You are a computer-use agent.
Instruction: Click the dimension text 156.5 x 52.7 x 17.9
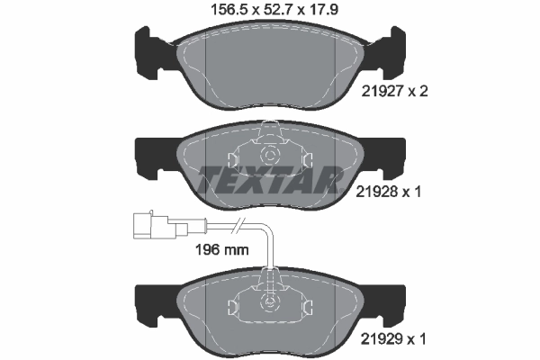pyautogui.click(x=269, y=12)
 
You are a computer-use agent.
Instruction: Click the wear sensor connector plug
pyautogui.click(x=148, y=222)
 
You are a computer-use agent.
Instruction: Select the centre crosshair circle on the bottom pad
pyautogui.click(x=267, y=302)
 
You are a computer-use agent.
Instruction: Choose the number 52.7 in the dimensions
pyautogui.click(x=270, y=12)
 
